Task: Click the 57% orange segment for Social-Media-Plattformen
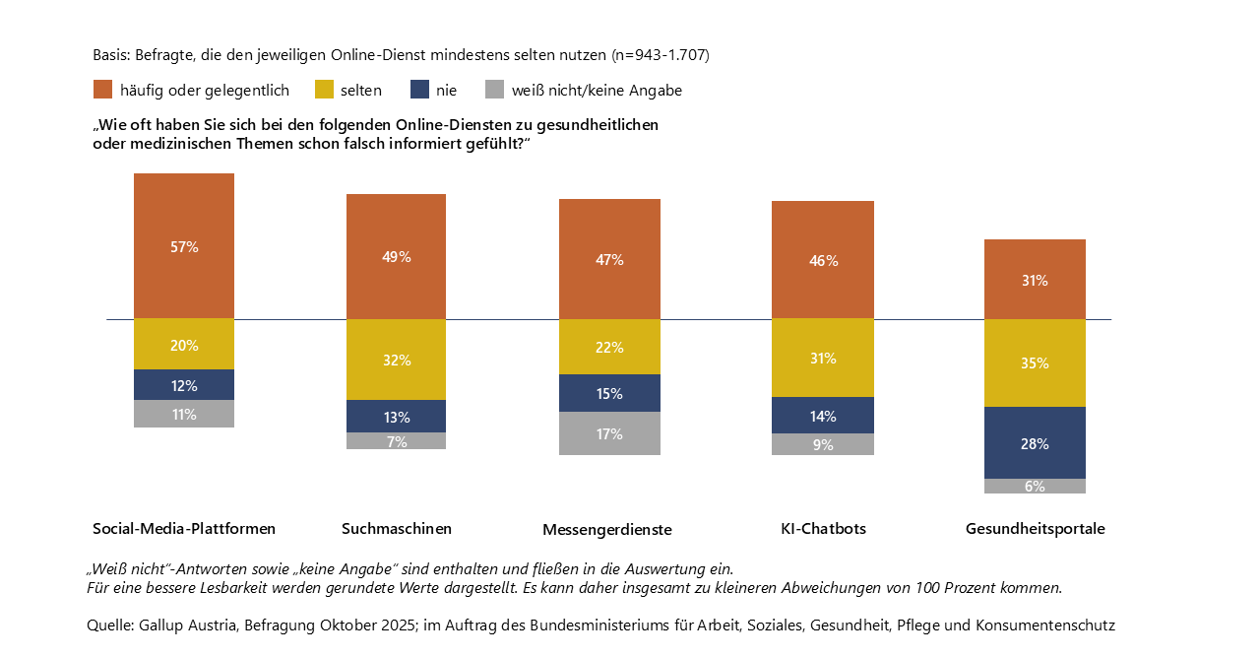[x=184, y=246]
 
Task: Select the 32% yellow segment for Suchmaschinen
[x=396, y=360]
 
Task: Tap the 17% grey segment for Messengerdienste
[x=609, y=433]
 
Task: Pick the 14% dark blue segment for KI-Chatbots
[x=823, y=416]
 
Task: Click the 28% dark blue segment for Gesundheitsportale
[x=1035, y=443]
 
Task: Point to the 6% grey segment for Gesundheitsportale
[x=1035, y=486]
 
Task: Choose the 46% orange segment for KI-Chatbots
[x=823, y=260]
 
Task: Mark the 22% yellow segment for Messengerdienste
[x=609, y=347]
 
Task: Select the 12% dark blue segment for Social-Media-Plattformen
[x=184, y=385]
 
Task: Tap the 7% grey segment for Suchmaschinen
[x=396, y=441]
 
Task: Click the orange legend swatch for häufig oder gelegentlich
[x=102, y=90]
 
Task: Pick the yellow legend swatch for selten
[x=324, y=90]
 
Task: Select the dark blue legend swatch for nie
[x=420, y=90]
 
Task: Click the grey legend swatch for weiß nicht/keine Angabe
[x=494, y=90]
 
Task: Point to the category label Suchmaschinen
[x=397, y=529]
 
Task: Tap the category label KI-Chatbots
[x=823, y=529]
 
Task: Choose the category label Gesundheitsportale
[x=1035, y=529]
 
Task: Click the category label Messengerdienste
[x=607, y=530]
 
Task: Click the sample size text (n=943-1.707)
[x=660, y=55]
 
